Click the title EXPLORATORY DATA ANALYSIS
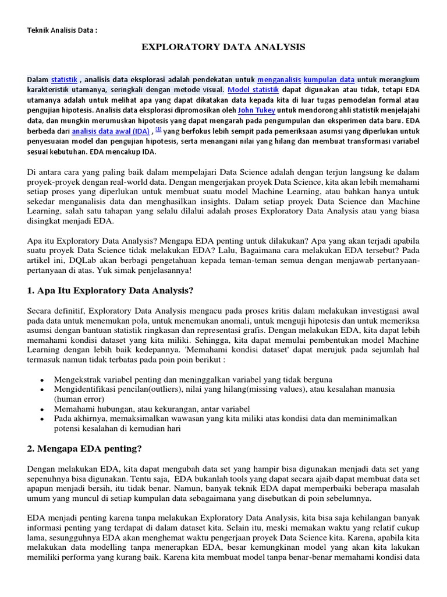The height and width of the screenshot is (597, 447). pyautogui.click(x=223, y=46)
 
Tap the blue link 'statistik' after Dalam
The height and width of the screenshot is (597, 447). pyautogui.click(x=64, y=79)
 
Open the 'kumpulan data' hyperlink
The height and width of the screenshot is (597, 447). pyautogui.click(x=329, y=79)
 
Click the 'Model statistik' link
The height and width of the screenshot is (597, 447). pyautogui.click(x=253, y=90)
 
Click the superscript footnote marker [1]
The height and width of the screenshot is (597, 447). pyautogui.click(x=158, y=129)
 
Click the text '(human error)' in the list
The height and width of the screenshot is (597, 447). pyautogui.click(x=79, y=399)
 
